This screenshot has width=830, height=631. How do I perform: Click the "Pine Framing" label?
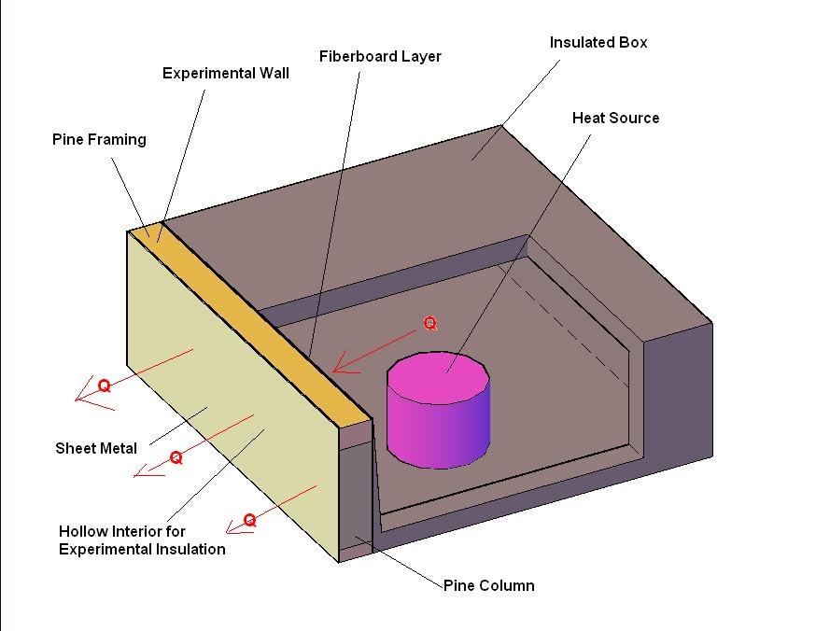pyautogui.click(x=99, y=140)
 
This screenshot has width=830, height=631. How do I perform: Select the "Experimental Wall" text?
pyautogui.click(x=226, y=73)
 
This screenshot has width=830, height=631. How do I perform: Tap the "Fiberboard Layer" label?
pyautogui.click(x=380, y=57)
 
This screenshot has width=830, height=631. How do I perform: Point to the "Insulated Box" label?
pyautogui.click(x=598, y=42)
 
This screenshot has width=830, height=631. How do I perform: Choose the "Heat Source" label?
pyautogui.click(x=615, y=118)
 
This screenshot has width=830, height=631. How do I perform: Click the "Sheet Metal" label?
pyautogui.click(x=96, y=448)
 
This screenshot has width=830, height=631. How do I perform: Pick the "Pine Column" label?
pyautogui.click(x=488, y=585)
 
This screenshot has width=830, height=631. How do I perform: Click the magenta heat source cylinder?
pyautogui.click(x=438, y=411)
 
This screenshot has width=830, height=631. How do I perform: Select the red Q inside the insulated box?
pyautogui.click(x=429, y=324)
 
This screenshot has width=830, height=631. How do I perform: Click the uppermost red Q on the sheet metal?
pyautogui.click(x=105, y=386)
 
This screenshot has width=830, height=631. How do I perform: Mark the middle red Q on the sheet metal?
pyautogui.click(x=176, y=457)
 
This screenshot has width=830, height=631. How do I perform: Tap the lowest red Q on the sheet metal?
pyautogui.click(x=249, y=520)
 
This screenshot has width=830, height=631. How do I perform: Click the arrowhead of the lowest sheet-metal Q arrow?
pyautogui.click(x=228, y=531)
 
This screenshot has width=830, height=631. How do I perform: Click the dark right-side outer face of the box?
pyautogui.click(x=678, y=394)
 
